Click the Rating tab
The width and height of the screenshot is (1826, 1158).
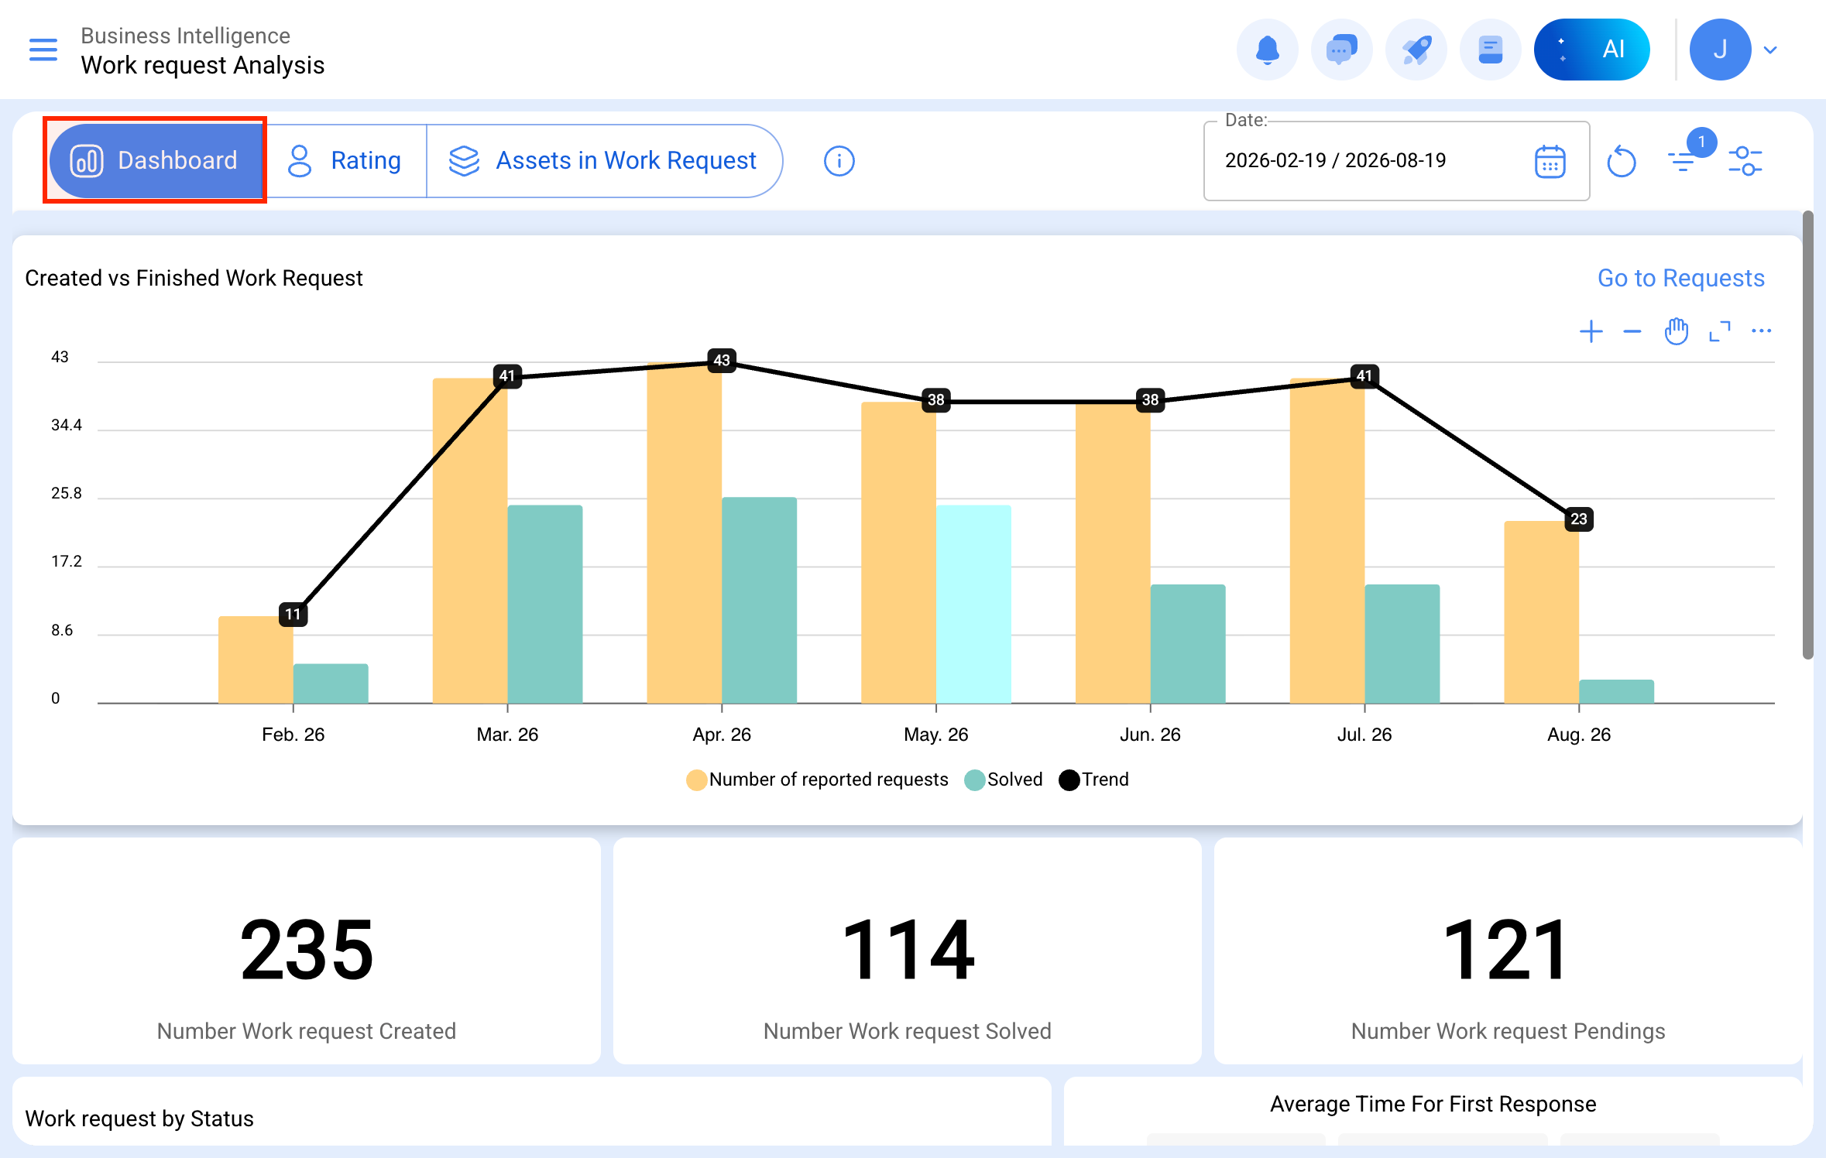tap(345, 161)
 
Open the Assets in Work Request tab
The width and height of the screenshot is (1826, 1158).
tap(603, 161)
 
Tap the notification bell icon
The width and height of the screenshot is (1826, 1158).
tap(1267, 50)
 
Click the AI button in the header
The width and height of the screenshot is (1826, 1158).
tap(1591, 50)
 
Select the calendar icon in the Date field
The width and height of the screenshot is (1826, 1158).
tap(1550, 162)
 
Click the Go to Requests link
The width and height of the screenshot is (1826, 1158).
tap(1680, 278)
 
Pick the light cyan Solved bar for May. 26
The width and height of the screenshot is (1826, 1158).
tap(973, 604)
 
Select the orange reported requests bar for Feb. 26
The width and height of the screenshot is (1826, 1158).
tap(256, 660)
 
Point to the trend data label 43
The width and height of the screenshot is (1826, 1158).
tap(722, 360)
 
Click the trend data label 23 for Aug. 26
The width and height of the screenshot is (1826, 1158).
tap(1579, 519)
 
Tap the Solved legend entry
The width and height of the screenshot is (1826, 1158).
tap(1004, 779)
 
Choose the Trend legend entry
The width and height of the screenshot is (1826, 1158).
tap(1093, 779)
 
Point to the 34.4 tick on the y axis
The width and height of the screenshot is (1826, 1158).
tap(67, 425)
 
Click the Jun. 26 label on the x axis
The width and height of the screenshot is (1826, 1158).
tap(1150, 735)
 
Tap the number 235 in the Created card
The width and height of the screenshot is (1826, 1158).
tap(307, 950)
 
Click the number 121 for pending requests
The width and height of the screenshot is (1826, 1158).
tap(1507, 950)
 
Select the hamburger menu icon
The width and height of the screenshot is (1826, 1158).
tap(43, 50)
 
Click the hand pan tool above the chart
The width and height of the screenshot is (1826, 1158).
tap(1676, 331)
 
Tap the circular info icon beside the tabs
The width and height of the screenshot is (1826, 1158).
tap(839, 161)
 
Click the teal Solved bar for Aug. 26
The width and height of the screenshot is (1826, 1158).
tap(1616, 691)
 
